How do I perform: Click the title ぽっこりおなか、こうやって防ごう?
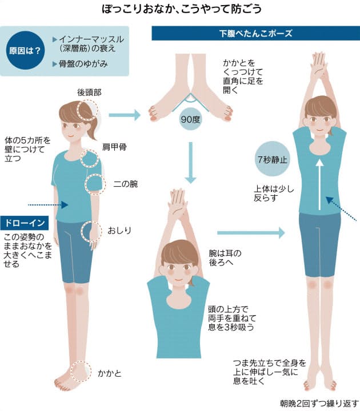180,10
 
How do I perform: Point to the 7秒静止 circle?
271,158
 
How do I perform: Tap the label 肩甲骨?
114,147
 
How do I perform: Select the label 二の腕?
125,184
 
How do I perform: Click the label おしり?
119,230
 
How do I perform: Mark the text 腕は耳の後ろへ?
226,255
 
